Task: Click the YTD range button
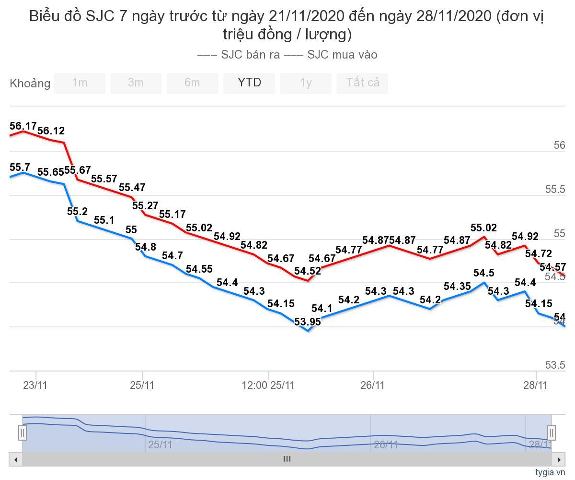pos(249,83)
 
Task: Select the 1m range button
pos(80,83)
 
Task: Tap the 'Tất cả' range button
pos(362,83)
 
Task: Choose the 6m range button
pos(193,83)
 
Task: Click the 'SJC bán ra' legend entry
pos(240,55)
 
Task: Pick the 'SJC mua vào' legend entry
pos(331,55)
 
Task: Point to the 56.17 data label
pos(23,126)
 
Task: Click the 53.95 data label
pos(308,322)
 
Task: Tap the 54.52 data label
pos(308,271)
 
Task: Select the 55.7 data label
pos(20,168)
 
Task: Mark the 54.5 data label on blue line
pos(483,273)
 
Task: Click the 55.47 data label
pos(132,188)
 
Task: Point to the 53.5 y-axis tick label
pos(555,365)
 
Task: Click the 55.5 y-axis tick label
pos(555,190)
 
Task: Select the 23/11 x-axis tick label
pos(35,385)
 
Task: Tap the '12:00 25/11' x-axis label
pos(268,385)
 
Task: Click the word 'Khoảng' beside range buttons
pos(30,84)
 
